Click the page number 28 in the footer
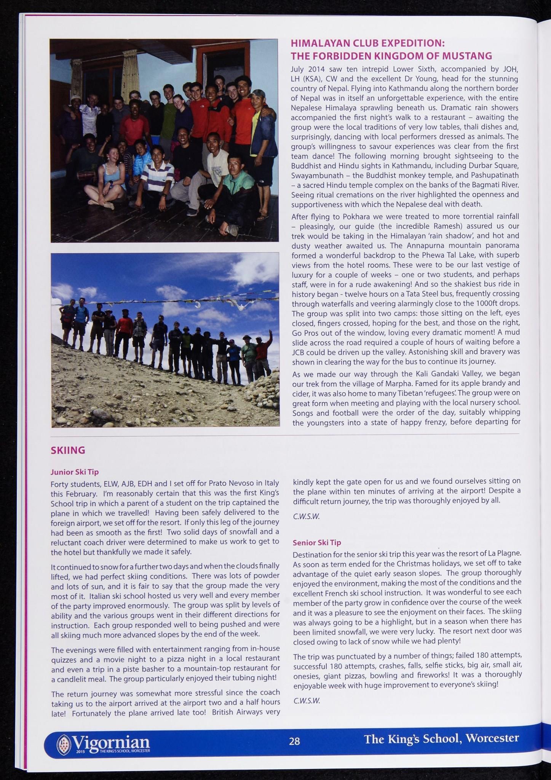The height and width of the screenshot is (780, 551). pyautogui.click(x=294, y=741)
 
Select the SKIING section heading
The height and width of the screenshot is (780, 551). pyautogui.click(x=68, y=450)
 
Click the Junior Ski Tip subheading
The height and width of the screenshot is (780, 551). pyautogui.click(x=75, y=472)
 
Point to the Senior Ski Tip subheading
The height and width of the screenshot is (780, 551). pyautogui.click(x=317, y=542)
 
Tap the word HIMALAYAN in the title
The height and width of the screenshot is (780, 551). pyautogui.click(x=318, y=43)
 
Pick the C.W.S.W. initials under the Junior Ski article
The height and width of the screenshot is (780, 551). pyautogui.click(x=306, y=517)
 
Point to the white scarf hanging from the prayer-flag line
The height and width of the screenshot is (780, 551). pyautogui.click(x=197, y=306)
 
